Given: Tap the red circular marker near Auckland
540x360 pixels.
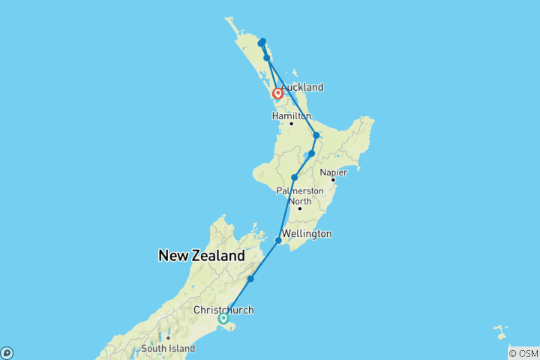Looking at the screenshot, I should pos(278,94).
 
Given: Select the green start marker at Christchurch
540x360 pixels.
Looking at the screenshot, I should pos(223,319).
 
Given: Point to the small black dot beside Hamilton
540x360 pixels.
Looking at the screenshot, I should pos(291,123).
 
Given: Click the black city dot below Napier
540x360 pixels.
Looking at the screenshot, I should pos(333,180).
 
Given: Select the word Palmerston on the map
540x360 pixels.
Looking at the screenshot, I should pos(300,190).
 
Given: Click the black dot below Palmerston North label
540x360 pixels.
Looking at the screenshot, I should pos(299,208).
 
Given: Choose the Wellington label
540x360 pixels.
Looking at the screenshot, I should pos(307,234).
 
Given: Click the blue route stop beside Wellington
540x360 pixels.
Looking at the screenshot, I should pos(279,241).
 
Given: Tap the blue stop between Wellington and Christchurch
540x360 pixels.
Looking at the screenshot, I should pos(250,279).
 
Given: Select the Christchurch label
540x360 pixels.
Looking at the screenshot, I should pos(223,310).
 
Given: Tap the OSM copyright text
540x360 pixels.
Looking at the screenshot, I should pos(523,353).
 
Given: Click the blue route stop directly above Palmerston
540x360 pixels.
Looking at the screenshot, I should pos(295,178).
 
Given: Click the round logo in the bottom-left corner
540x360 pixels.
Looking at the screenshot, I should pos(6,352).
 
